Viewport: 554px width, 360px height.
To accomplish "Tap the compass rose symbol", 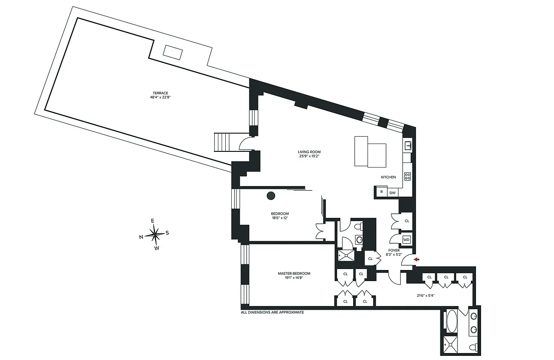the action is (155, 234).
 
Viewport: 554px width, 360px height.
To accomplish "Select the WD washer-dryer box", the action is (406, 240).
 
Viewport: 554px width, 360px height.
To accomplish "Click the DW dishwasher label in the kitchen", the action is (392, 192).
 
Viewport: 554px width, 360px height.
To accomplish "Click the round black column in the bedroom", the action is (271, 196).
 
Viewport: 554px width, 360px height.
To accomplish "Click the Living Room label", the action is (309, 152).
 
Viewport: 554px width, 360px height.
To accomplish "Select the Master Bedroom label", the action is (294, 273).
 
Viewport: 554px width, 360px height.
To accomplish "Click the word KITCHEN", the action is (388, 177).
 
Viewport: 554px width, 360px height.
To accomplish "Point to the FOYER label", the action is (394, 250).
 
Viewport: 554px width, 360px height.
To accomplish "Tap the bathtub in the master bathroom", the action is (452, 321).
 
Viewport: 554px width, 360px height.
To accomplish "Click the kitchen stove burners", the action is (408, 176).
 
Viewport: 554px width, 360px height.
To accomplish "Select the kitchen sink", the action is (408, 146).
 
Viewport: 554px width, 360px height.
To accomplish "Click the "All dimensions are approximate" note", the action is (272, 312).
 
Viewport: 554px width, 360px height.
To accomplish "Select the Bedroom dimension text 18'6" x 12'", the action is (280, 218).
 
